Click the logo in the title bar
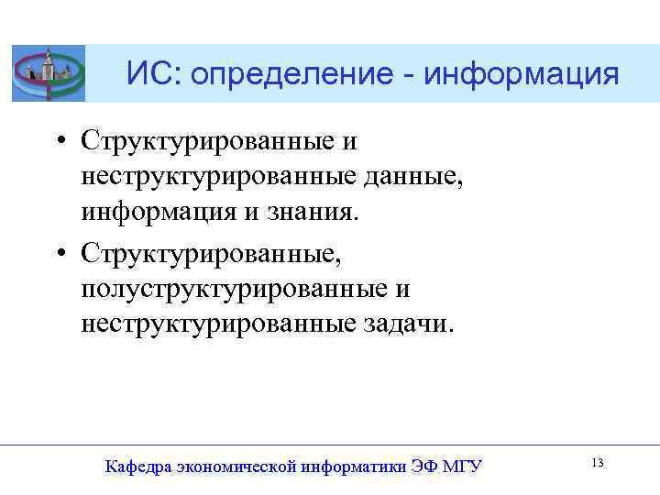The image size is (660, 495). click(x=48, y=73)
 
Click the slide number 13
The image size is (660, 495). click(x=597, y=464)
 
